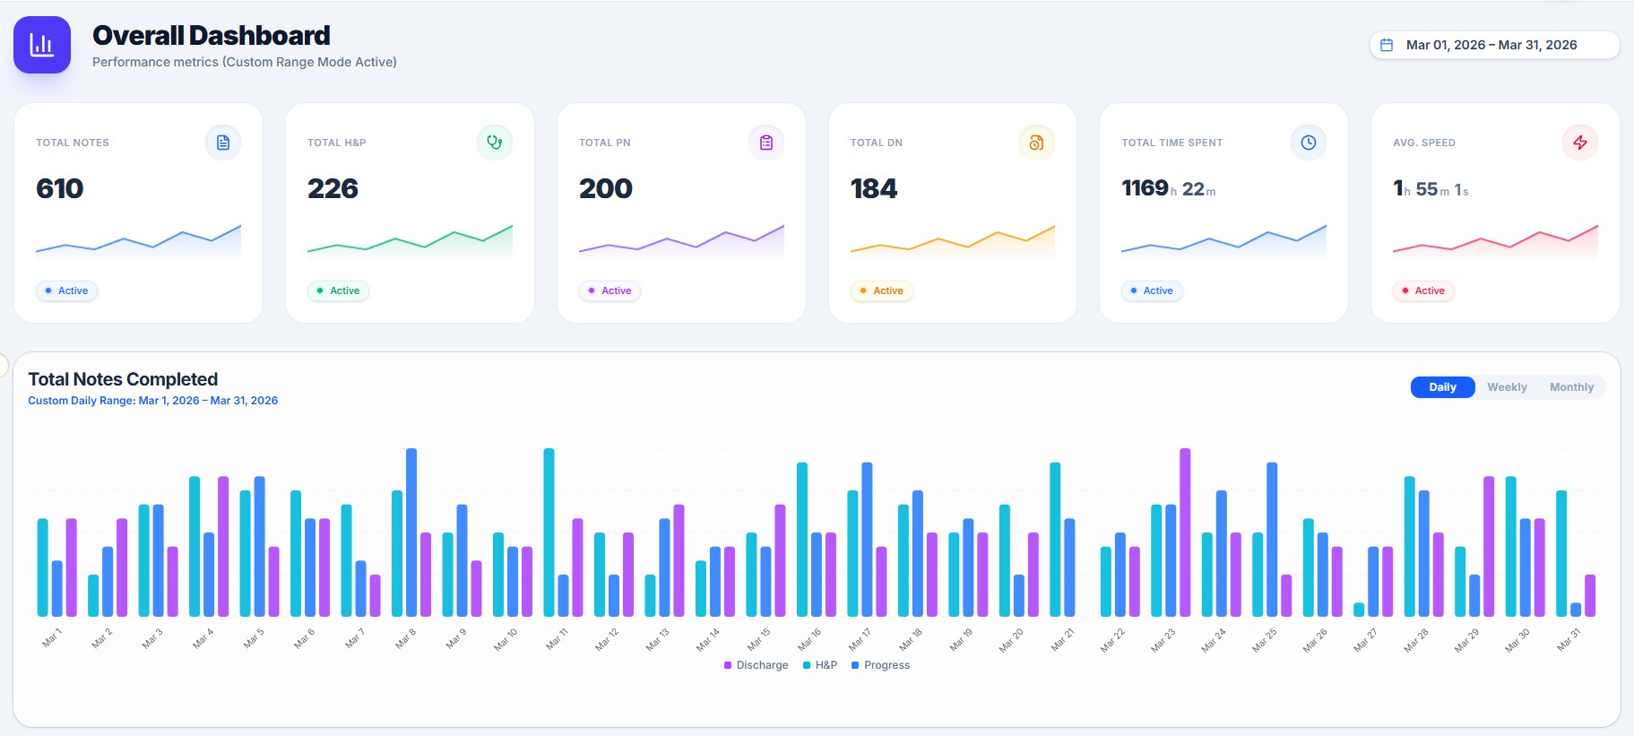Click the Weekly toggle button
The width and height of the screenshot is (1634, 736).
1507,387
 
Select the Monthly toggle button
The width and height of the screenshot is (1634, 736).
1571,387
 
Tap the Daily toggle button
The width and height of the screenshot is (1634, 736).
1442,387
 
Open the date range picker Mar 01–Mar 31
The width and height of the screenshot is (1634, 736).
1494,45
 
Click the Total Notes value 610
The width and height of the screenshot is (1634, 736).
60,188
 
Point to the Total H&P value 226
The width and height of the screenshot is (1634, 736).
333,188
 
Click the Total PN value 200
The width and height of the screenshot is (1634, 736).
606,188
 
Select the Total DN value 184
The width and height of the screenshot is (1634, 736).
874,188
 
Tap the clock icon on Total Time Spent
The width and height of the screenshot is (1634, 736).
1309,143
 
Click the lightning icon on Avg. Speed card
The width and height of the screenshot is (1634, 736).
1580,143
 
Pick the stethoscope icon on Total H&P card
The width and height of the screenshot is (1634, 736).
495,143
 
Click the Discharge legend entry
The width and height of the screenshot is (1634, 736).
756,665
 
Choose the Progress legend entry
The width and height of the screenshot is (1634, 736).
880,665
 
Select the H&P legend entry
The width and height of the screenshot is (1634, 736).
820,665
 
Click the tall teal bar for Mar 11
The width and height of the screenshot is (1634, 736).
549,533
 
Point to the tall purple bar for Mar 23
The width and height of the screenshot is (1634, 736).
1185,533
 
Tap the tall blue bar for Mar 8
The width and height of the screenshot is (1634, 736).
411,533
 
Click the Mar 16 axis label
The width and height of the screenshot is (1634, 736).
809,639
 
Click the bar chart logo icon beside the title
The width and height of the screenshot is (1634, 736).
42,45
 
